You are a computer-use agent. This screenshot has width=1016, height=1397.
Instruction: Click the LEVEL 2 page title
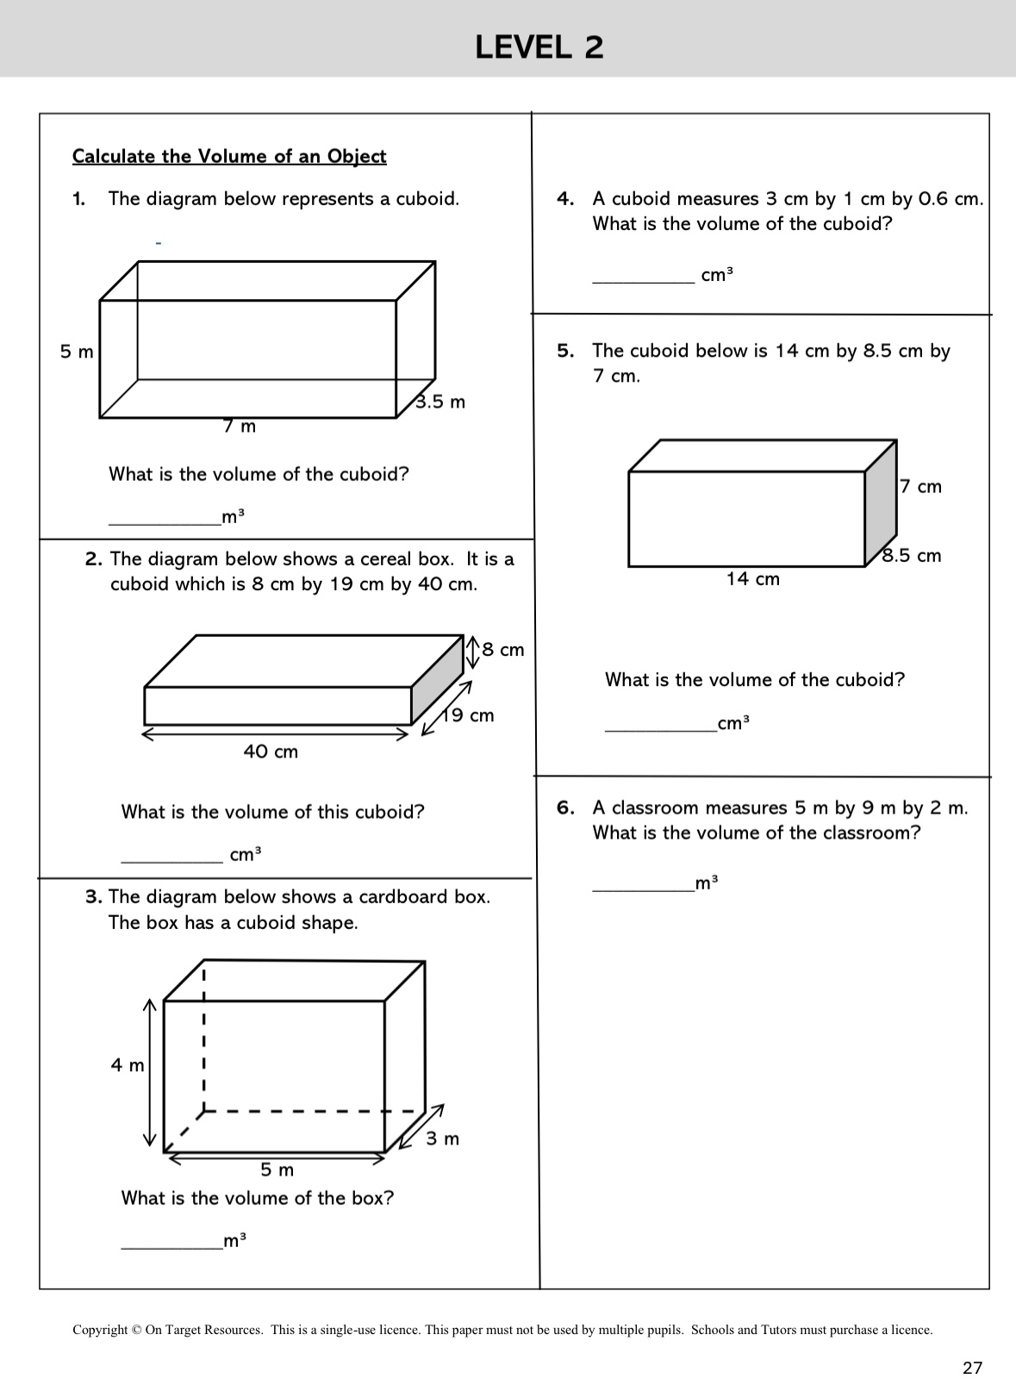click(539, 47)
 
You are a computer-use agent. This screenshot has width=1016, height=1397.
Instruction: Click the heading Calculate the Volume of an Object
click(229, 156)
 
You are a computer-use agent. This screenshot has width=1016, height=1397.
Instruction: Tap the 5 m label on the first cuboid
click(77, 352)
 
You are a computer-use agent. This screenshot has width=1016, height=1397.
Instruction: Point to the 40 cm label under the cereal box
click(271, 752)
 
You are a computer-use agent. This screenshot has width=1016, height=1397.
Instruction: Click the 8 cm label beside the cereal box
click(502, 650)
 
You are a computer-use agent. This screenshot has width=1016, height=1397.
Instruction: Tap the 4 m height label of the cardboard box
click(128, 1065)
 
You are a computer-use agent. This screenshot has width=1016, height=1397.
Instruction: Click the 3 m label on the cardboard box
click(443, 1138)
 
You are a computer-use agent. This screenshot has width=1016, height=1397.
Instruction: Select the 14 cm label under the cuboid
click(752, 579)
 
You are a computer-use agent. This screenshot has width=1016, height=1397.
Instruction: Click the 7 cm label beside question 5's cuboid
click(920, 487)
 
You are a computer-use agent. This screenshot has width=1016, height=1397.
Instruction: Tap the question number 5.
click(565, 351)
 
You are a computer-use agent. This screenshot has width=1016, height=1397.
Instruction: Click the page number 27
click(972, 1368)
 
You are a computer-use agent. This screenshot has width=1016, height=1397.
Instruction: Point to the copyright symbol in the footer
click(136, 1330)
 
